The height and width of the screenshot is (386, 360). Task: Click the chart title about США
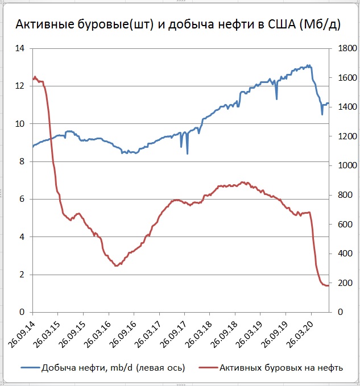point(179,25)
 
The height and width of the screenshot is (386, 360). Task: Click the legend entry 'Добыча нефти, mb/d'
point(113,367)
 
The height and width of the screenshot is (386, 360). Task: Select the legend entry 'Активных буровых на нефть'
point(278,367)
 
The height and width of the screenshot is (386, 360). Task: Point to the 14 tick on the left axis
point(20,49)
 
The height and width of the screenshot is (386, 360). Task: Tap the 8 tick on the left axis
point(22,161)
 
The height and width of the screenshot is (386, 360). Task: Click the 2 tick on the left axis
point(22,275)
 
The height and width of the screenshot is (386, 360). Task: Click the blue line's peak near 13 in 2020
point(308,65)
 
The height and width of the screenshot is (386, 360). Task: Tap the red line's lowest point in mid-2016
point(116,265)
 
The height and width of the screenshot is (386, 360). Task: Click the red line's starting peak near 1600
point(35,77)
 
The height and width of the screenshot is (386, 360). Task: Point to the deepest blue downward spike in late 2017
point(187,153)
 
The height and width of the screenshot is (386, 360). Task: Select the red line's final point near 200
point(328,285)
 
